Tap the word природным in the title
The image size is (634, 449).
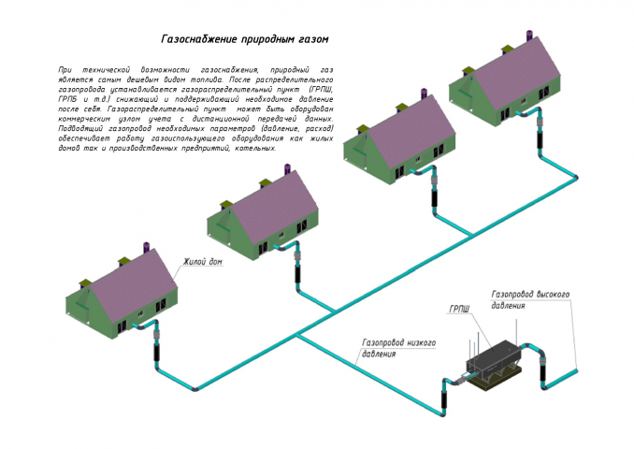coord(268,41)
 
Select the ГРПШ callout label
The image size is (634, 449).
coord(459,309)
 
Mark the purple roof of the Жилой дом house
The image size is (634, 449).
coord(131,280)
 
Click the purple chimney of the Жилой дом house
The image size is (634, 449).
coord(147,247)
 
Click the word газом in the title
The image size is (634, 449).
coord(314,41)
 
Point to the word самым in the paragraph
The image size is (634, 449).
coord(117,80)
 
